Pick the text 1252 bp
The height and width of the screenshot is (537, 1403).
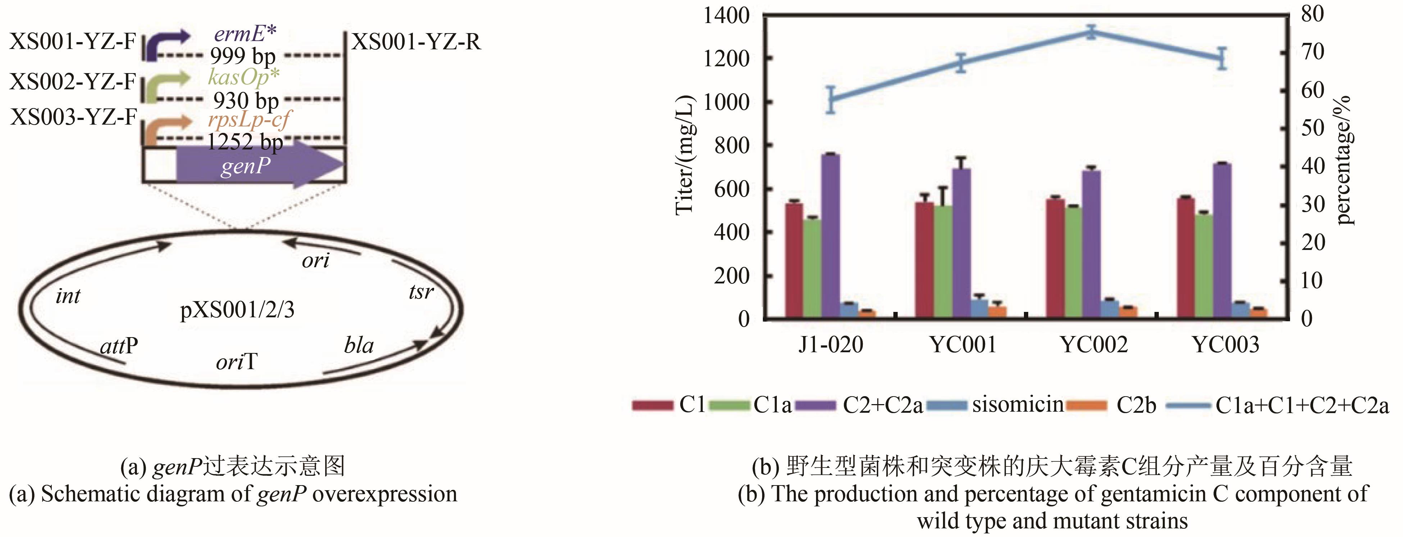tap(245, 142)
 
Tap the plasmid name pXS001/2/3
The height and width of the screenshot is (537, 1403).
tap(237, 310)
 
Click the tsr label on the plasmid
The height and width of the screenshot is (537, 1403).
tap(421, 293)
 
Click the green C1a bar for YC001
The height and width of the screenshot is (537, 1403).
tap(943, 261)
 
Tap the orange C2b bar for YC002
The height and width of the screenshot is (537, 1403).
tap(1128, 311)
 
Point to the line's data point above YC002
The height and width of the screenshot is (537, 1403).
tap(1091, 32)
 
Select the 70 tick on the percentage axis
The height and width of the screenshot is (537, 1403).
tap(1313, 52)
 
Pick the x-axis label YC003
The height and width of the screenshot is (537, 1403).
tap(1225, 345)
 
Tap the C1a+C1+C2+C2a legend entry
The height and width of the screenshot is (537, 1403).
tap(1302, 405)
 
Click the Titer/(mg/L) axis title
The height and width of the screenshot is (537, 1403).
tap(685, 155)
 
